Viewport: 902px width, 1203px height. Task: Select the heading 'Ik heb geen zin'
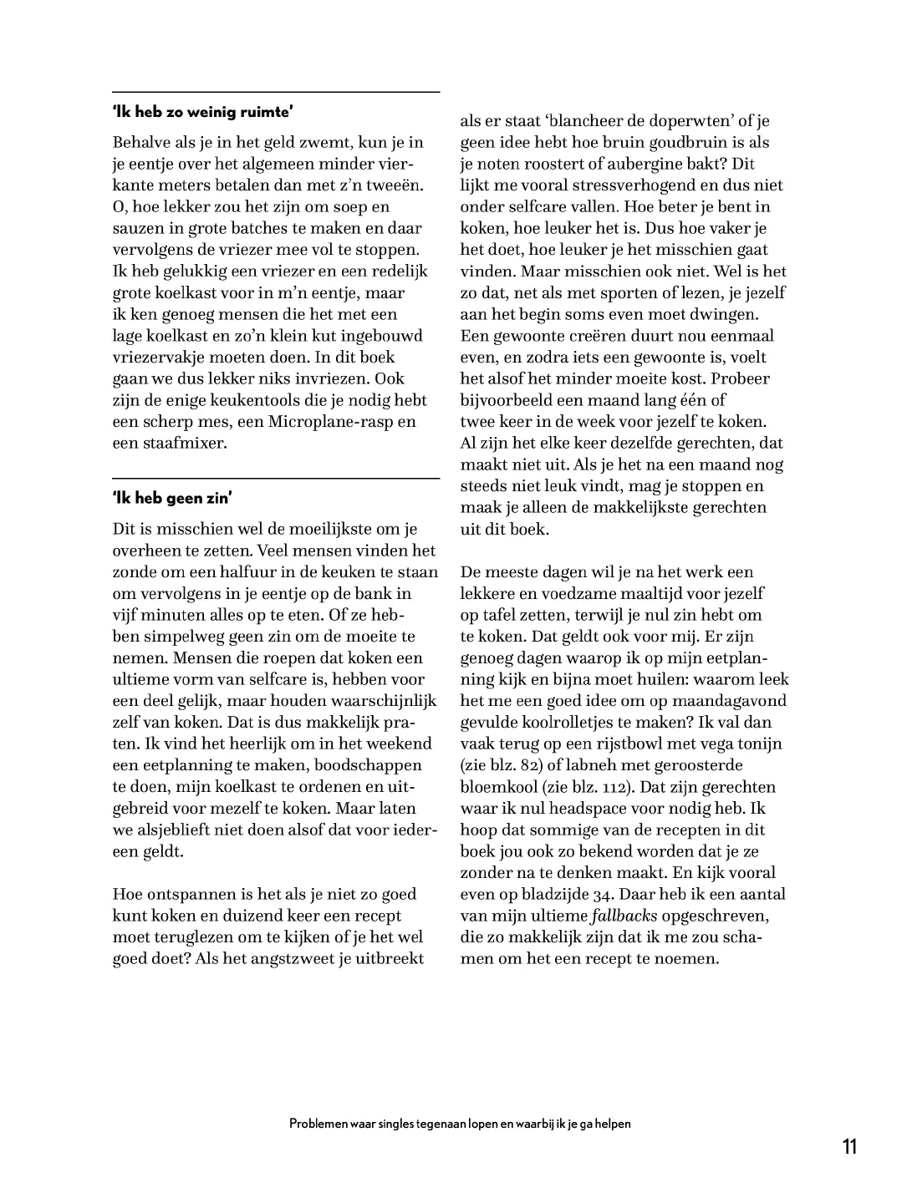[172, 499]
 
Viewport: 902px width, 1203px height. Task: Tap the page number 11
[849, 1146]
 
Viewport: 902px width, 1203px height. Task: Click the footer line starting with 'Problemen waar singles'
[460, 1124]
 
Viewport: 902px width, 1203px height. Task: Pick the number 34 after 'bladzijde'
[603, 894]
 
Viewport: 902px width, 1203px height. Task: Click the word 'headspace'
[625, 808]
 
